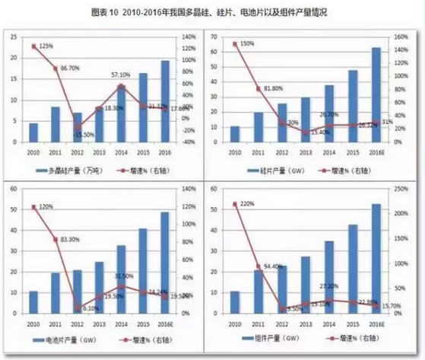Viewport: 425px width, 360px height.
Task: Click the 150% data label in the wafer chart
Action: (246, 43)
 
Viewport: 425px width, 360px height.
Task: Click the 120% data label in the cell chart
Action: (46, 207)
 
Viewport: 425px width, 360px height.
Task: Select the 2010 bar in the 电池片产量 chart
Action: (32, 302)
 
